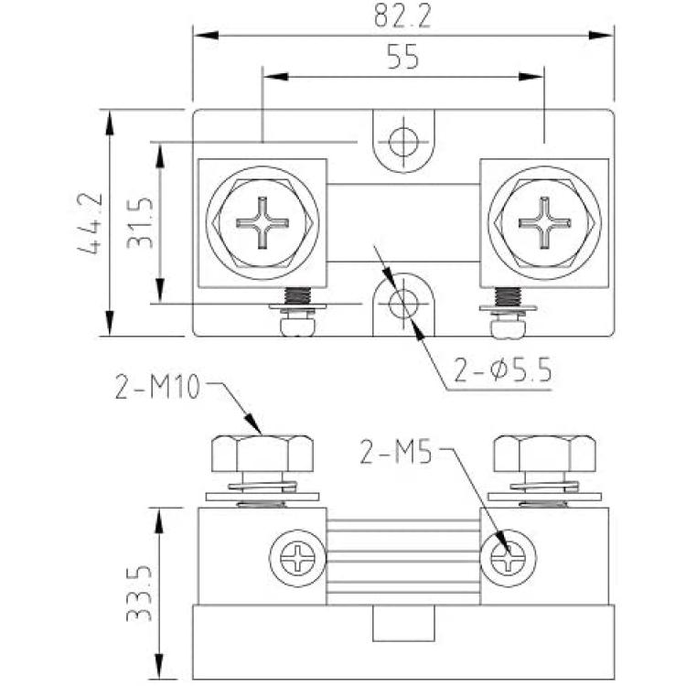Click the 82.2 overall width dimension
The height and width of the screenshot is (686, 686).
[402, 16]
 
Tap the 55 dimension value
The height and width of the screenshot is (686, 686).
[403, 57]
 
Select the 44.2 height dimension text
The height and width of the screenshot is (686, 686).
[91, 223]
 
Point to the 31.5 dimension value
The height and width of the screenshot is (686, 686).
[140, 223]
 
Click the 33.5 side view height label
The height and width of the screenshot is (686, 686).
[140, 594]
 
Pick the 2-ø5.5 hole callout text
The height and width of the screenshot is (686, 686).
[502, 370]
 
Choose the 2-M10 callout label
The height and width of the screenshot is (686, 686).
[157, 387]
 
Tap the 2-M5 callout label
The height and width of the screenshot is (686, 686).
[396, 452]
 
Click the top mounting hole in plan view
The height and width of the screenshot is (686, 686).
[403, 142]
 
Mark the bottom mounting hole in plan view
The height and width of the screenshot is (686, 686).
[403, 303]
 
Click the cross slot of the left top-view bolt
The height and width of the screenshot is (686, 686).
[263, 223]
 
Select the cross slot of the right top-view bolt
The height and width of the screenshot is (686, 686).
[545, 223]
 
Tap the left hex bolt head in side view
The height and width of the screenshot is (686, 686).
[263, 454]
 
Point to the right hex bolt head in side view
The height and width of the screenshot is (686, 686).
[544, 454]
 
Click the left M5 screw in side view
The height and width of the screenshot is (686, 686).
[297, 558]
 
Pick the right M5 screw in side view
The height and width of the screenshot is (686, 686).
[508, 558]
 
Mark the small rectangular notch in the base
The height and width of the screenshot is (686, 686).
[403, 623]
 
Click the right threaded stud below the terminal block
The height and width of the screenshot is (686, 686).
[508, 313]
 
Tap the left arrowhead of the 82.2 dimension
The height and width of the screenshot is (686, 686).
[206, 35]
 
